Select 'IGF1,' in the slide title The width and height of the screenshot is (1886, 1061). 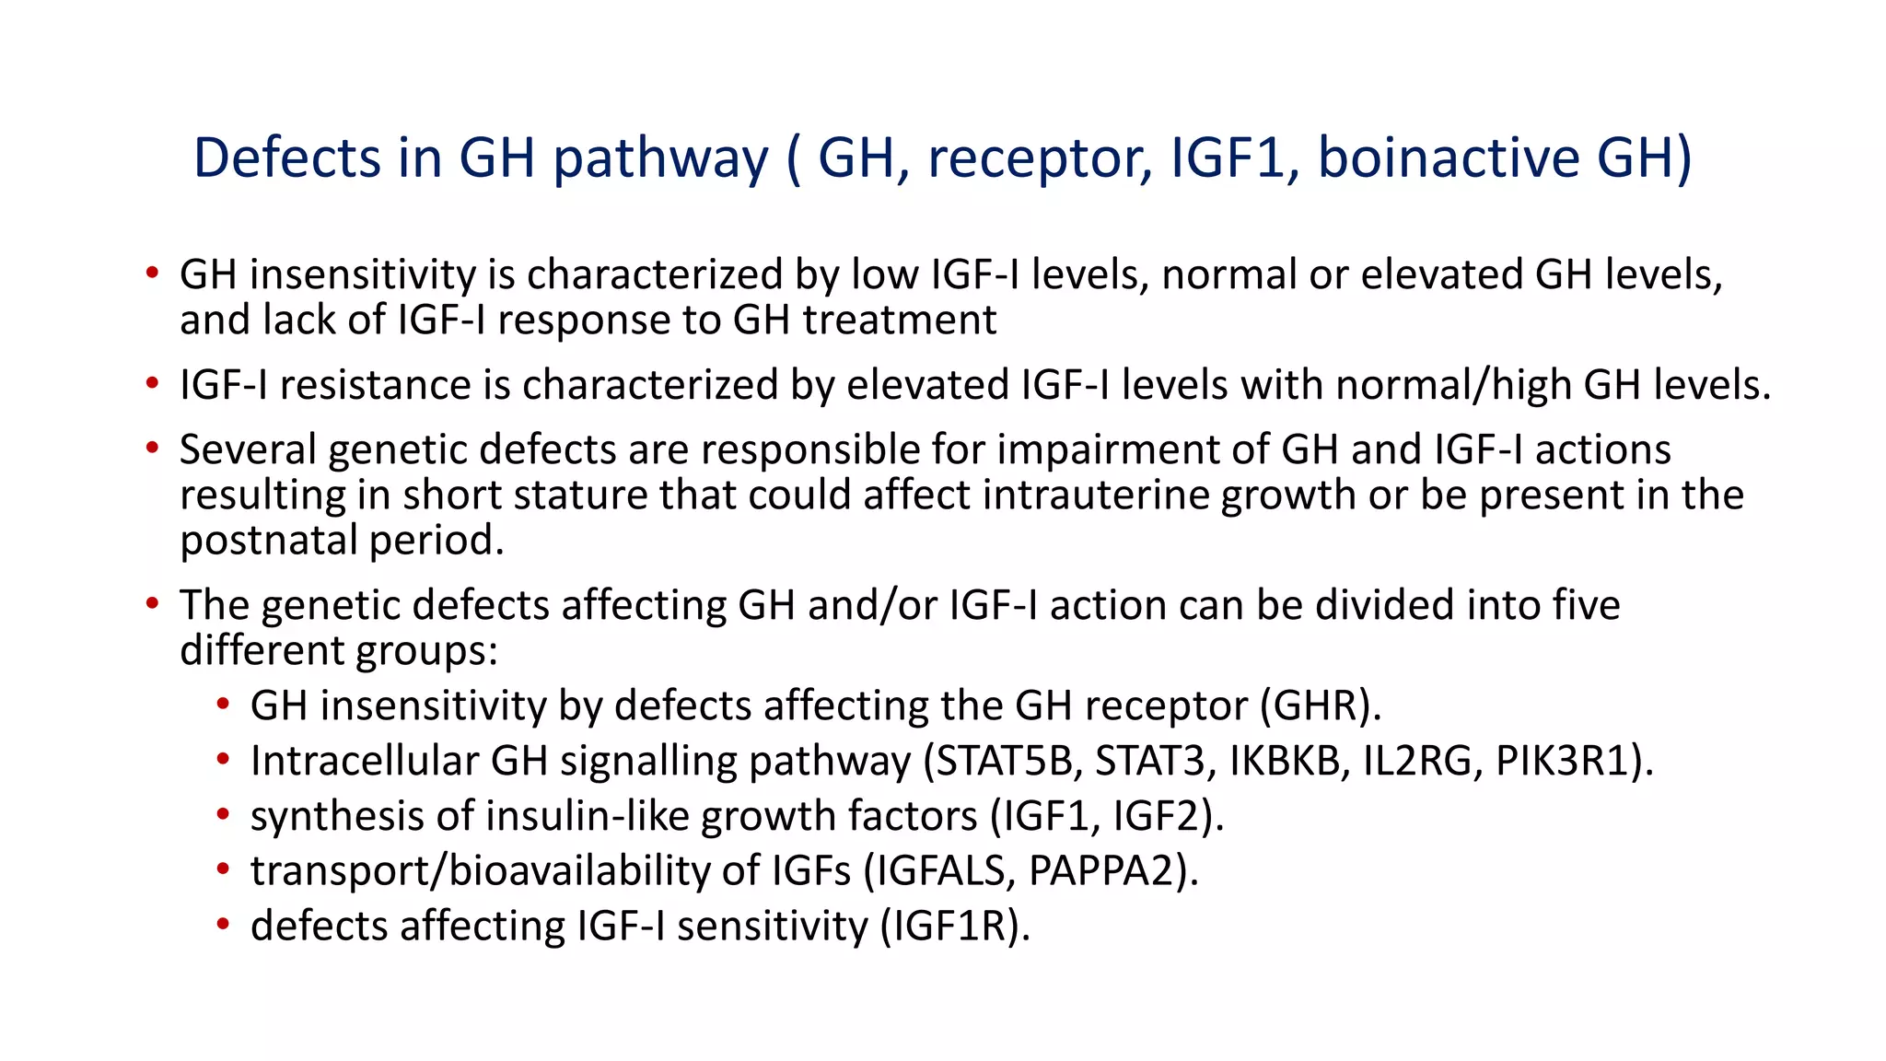pyautogui.click(x=1234, y=157)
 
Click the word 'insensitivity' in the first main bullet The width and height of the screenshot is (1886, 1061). pyautogui.click(x=362, y=274)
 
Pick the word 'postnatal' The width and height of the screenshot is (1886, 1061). pyautogui.click(x=268, y=540)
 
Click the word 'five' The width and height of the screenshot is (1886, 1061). pyautogui.click(x=1586, y=605)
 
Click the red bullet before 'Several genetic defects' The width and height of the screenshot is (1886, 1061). pyautogui.click(x=152, y=449)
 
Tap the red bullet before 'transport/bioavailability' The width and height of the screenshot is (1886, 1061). pyautogui.click(x=223, y=869)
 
